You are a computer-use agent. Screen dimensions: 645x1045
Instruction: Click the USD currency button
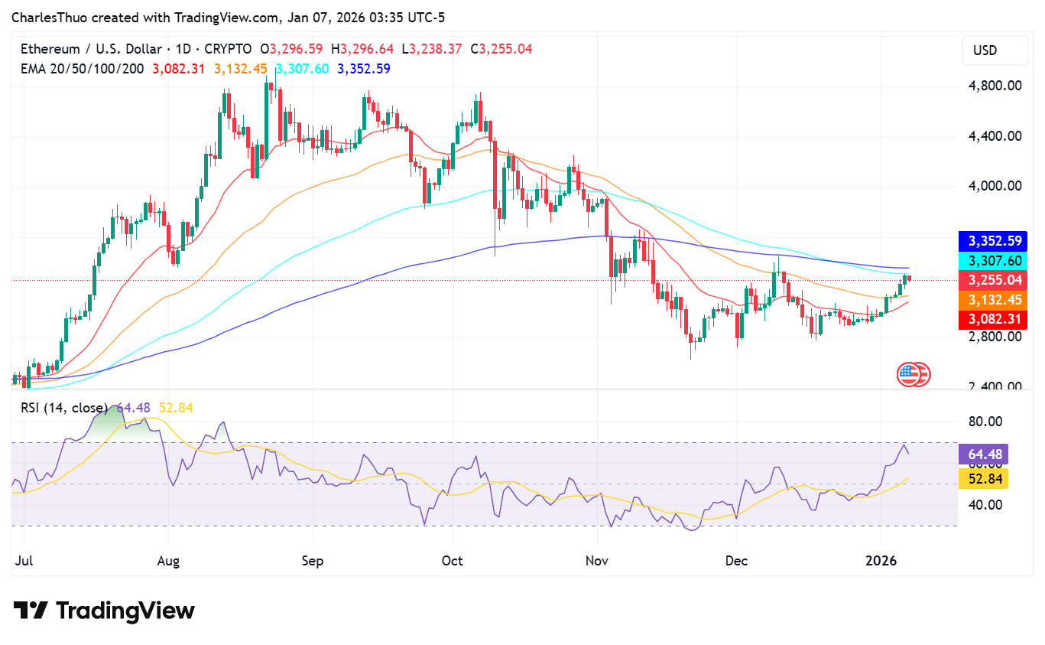(985, 50)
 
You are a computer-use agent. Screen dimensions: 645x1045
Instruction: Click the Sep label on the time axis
(313, 561)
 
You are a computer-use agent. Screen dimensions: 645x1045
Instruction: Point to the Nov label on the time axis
(596, 561)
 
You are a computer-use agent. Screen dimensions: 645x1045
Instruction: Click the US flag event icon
(907, 374)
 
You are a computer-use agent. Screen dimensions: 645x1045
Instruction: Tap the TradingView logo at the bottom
(104, 611)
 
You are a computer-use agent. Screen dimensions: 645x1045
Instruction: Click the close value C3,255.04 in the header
(501, 49)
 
